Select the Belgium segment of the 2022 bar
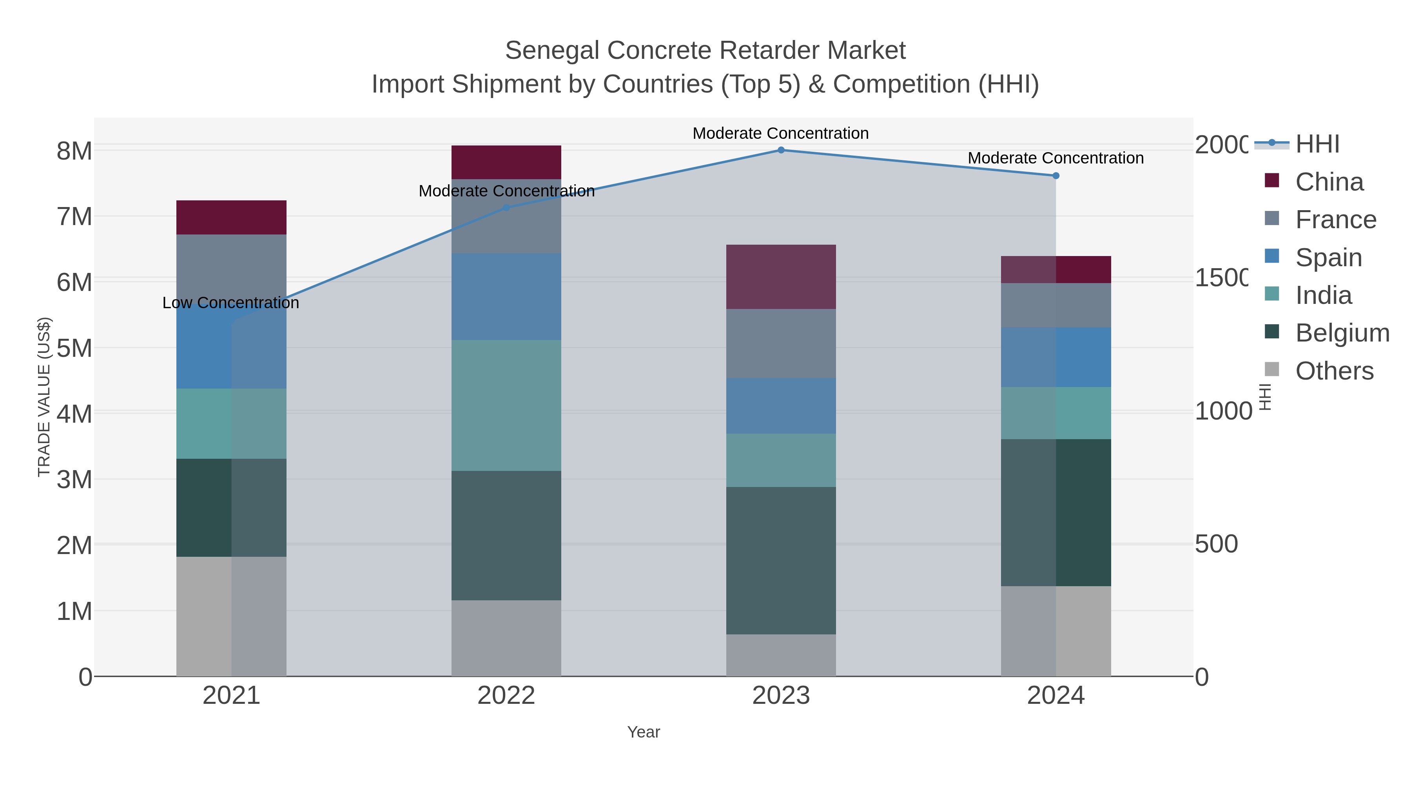(x=506, y=535)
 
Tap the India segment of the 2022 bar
(x=506, y=405)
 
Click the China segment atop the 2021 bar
(x=231, y=218)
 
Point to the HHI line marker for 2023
(x=781, y=150)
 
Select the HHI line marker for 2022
(x=506, y=208)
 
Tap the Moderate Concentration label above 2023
(x=780, y=133)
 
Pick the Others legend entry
(x=1334, y=371)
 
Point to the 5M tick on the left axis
(x=74, y=348)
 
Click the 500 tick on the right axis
(x=1216, y=544)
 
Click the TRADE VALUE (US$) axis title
(x=44, y=397)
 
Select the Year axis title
(x=644, y=732)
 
